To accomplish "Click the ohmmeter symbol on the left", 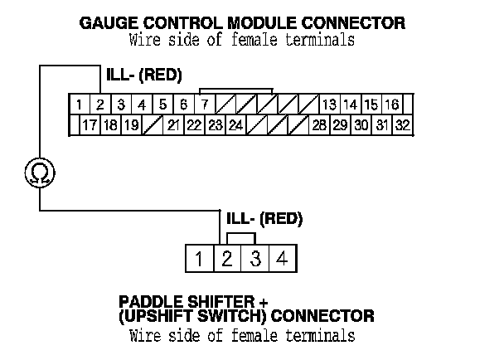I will coord(39,173).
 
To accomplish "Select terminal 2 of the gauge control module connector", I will coord(99,105).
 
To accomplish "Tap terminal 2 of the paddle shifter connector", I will coord(226,259).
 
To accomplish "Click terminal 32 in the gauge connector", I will coord(403,126).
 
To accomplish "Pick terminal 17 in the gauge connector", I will coord(89,126).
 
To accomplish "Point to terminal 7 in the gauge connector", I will coord(204,105).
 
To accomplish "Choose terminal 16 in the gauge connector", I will coord(392,105).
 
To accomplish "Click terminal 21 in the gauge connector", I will coord(173,126).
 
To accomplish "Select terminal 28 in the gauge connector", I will coord(319,126).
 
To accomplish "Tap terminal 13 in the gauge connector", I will coord(329,105).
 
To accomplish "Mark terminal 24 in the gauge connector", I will coord(235,126).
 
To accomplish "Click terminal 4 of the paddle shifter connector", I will coord(283,259).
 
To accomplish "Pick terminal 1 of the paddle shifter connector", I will coord(199,259).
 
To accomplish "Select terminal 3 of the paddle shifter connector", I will coord(255,259).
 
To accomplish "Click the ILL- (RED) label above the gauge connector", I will coord(143,76).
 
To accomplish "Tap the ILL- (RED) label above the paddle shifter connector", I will coord(264,221).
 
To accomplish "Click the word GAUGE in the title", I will coord(104,23).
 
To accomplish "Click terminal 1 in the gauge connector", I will coord(78,105).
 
